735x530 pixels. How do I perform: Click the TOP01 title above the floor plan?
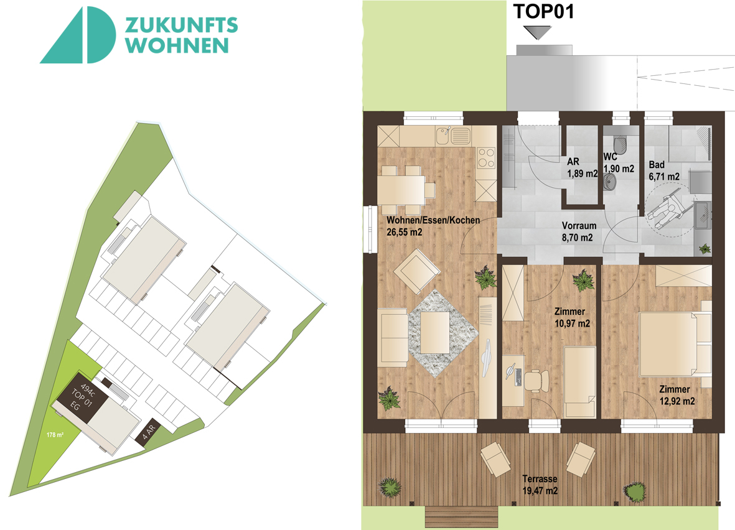[543, 12]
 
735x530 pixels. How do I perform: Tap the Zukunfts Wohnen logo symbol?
[78, 35]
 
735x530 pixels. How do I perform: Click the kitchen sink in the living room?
[453, 136]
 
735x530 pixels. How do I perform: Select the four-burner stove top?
[486, 158]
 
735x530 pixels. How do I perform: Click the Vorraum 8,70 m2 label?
[578, 231]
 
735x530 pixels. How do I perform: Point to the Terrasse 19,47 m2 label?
[540, 485]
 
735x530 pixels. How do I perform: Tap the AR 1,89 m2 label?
[582, 167]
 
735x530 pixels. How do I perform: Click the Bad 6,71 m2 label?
[664, 170]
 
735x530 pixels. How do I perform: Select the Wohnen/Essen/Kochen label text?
[433, 220]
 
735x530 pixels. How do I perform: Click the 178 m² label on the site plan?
[55, 435]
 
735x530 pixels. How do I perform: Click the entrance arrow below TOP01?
[538, 32]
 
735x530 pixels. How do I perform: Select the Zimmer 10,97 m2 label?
[572, 317]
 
